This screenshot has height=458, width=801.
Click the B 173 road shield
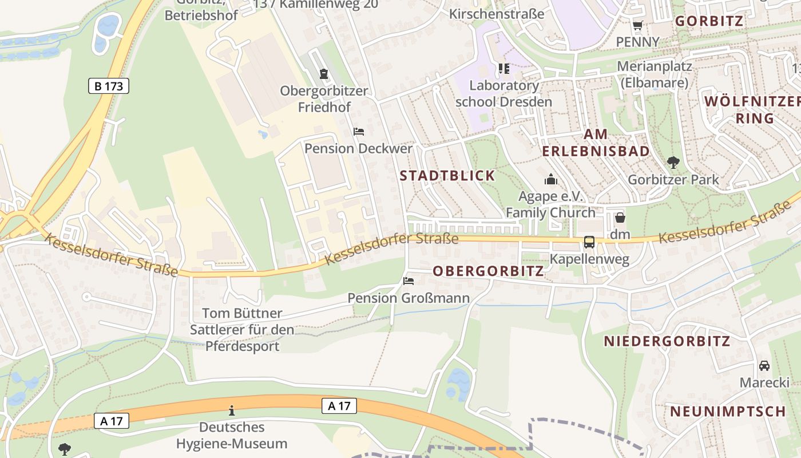[109, 86]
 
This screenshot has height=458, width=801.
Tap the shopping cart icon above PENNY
[637, 25]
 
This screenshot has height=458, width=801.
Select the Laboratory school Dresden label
[503, 94]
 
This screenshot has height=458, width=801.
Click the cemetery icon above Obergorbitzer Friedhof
[324, 74]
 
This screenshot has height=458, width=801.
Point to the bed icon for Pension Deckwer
[359, 132]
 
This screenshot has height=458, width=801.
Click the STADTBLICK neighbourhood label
[447, 176]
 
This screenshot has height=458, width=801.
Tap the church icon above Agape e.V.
[551, 180]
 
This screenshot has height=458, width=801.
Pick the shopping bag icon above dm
[620, 218]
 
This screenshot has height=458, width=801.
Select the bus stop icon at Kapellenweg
[589, 242]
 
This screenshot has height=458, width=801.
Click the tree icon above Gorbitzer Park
[673, 163]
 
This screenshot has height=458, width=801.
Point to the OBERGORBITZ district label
[489, 271]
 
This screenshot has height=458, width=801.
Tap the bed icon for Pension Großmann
[409, 281]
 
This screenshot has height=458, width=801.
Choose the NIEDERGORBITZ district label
[667, 342]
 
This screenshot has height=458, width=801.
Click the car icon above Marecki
[764, 365]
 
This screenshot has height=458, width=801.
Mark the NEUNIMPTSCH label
[728, 412]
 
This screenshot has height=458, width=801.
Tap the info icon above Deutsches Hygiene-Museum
[232, 410]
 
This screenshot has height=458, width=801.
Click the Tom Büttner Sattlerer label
[242, 330]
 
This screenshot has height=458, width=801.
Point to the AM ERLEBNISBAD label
[596, 143]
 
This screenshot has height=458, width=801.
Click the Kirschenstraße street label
[497, 14]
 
